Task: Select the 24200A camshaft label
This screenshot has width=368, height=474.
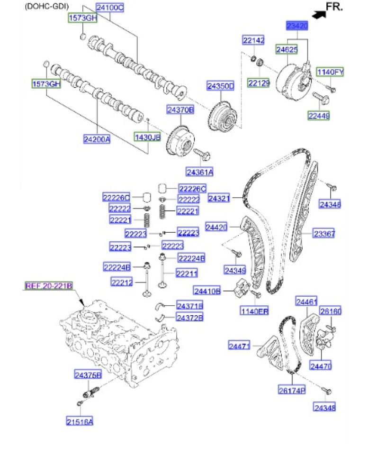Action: point(97,139)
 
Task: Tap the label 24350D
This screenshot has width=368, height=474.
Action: point(220,86)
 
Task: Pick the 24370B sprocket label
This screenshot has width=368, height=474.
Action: point(180,110)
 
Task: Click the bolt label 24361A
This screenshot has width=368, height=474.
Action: point(199,171)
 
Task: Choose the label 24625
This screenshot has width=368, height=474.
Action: point(287,48)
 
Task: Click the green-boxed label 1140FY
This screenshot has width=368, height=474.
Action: point(330,72)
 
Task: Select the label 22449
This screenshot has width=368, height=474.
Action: point(318,115)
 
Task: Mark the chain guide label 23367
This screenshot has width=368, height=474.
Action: point(324,233)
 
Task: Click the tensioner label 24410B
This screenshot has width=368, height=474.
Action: point(207,290)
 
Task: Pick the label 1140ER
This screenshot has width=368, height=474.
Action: point(255,311)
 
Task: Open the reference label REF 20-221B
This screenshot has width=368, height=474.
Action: point(48,286)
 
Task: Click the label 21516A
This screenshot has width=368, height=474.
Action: point(79,421)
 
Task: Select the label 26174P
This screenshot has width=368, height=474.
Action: point(291,390)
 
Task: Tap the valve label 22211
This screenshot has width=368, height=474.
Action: point(187,273)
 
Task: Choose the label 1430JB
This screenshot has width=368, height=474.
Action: point(148,137)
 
